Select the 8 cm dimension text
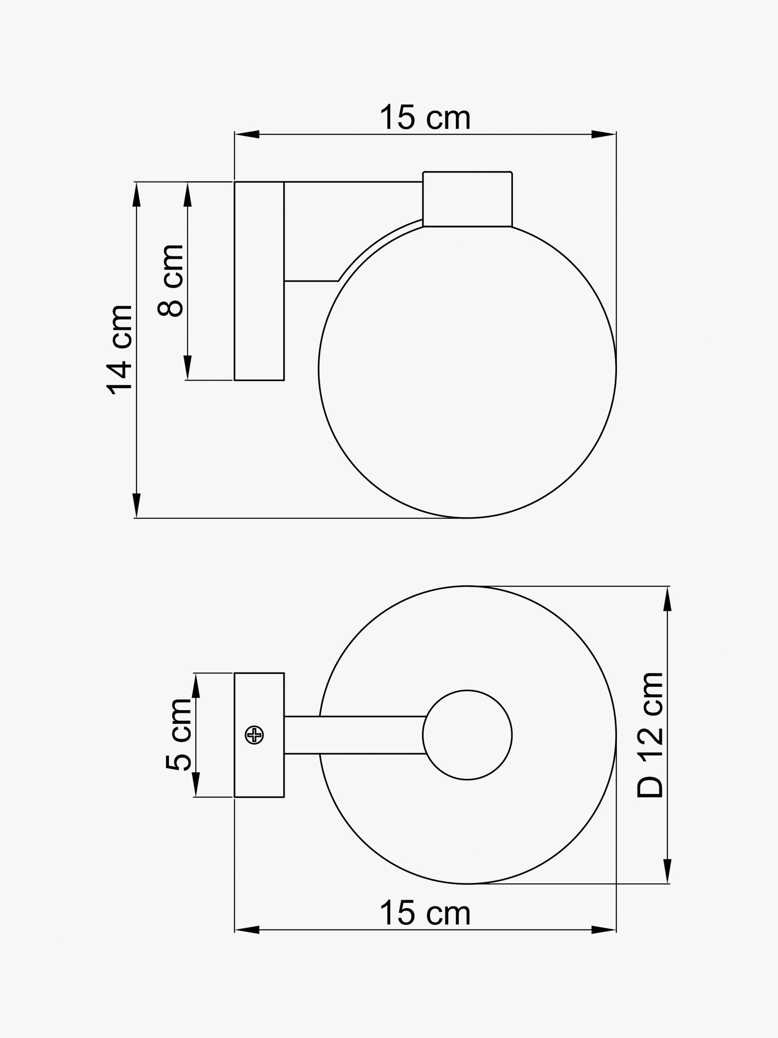coord(170,281)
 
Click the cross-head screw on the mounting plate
coord(254,735)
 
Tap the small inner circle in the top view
coord(467,735)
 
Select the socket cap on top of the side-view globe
coord(467,199)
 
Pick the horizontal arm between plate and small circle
coord(354,735)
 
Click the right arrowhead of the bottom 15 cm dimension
coord(604,930)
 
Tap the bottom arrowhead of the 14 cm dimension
coord(137,506)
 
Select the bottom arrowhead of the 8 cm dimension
coord(187,368)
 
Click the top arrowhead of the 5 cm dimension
coord(196,685)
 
